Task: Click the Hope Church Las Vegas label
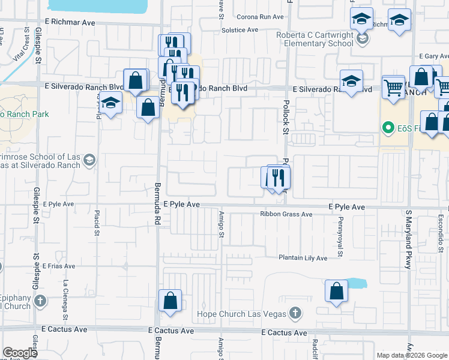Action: click(242, 314)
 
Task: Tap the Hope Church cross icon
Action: click(295, 313)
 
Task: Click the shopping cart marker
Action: click(393, 87)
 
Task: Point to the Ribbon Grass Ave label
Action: click(286, 214)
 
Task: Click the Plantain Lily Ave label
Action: click(303, 258)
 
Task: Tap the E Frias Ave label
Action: click(59, 265)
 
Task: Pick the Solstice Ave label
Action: click(240, 29)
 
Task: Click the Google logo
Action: click(20, 353)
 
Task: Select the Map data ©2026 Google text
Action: click(412, 355)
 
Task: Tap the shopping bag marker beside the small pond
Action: click(336, 291)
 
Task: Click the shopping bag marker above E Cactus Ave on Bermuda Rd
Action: click(170, 301)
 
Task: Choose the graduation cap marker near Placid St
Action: click(110, 104)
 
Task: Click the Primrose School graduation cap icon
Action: click(89, 160)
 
